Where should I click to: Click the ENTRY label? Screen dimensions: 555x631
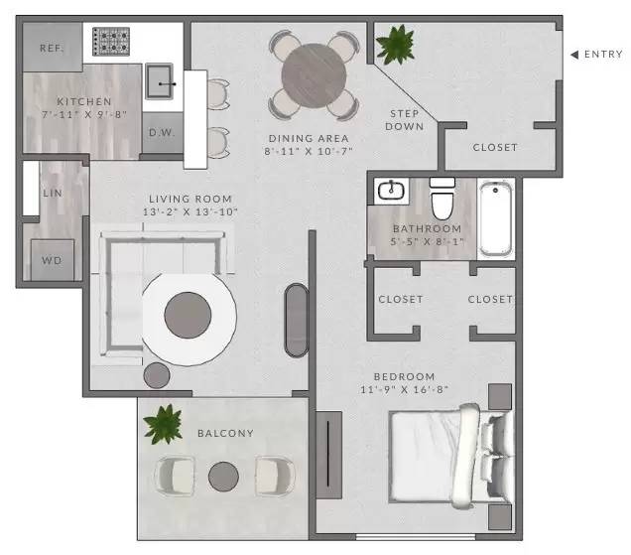pos(604,54)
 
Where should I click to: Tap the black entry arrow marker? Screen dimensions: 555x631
pos(574,54)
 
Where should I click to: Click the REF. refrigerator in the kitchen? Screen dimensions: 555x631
pos(52,48)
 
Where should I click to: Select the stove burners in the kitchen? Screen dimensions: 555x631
pos(111,42)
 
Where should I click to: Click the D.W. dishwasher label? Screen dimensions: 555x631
pos(161,131)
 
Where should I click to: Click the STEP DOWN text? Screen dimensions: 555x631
pos(405,119)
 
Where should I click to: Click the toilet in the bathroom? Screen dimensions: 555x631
pos(442,201)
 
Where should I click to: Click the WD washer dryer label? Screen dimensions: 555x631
pos(51,262)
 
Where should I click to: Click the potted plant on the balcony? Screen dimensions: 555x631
pos(162,424)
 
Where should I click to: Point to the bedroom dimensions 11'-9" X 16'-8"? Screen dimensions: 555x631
pos(404,390)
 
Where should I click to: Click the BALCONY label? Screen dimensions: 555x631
pos(225,433)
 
